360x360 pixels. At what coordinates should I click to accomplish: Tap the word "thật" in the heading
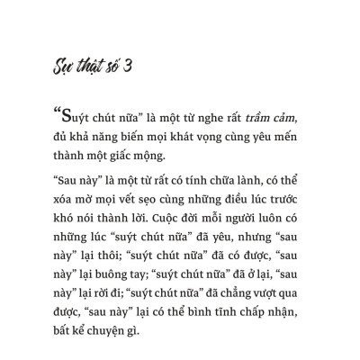click(x=88, y=69)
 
